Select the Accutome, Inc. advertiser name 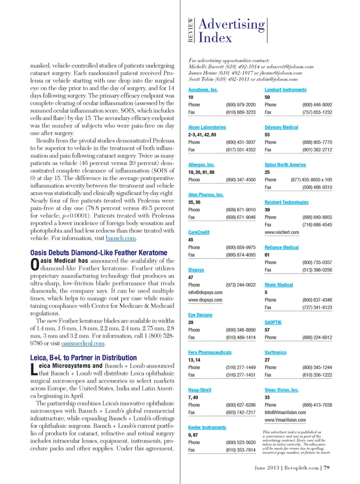(x=203, y=90)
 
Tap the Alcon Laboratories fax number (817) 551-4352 (x=240, y=150)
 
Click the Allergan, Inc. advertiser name (x=201, y=165)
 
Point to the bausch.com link (x=121, y=238)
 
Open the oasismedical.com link (x=83, y=343)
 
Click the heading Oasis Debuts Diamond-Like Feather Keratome (x=99, y=253)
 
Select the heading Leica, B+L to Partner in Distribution (x=83, y=358)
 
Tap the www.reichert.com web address (x=282, y=232)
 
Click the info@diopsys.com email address (x=205, y=292)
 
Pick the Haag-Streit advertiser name (x=199, y=390)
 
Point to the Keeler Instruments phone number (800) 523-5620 (x=240, y=442)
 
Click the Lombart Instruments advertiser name (x=285, y=90)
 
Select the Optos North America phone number (x=311, y=180)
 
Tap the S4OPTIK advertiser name (x=273, y=322)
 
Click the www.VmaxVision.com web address (x=285, y=420)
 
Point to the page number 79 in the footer (x=327, y=468)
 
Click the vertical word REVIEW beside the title (x=190, y=30)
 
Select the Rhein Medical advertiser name (x=279, y=285)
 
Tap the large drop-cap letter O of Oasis (x=34, y=265)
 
